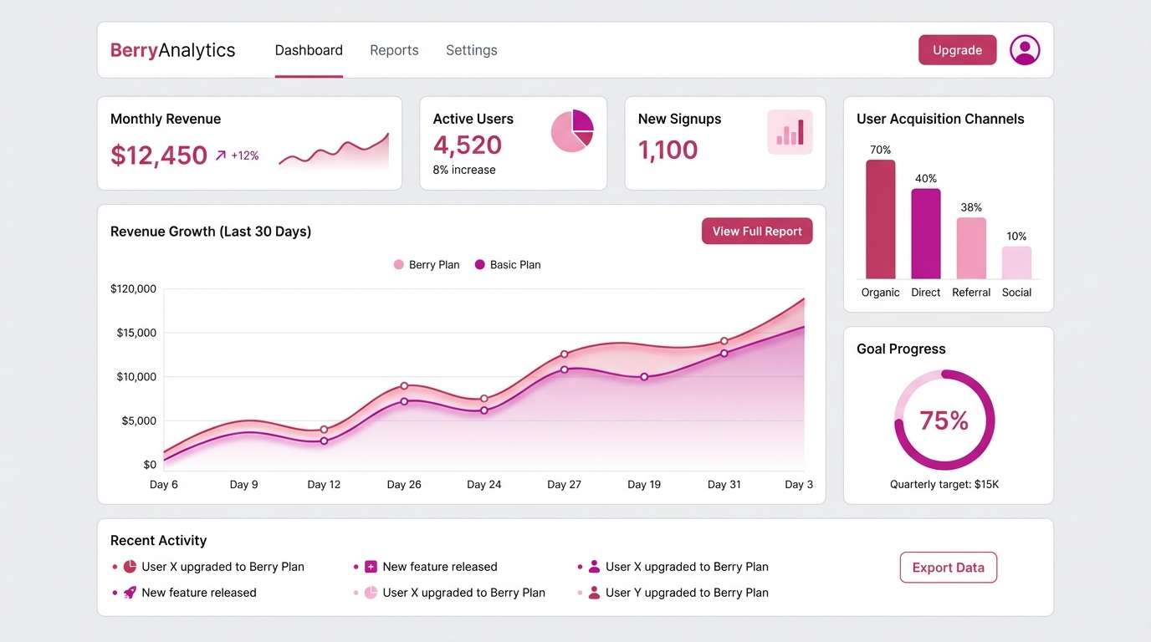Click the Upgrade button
pyautogui.click(x=957, y=50)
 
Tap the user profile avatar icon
pyautogui.click(x=1025, y=50)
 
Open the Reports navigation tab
pyautogui.click(x=394, y=50)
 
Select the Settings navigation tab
pyautogui.click(x=471, y=50)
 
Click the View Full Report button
pyautogui.click(x=757, y=232)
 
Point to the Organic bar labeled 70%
pyautogui.click(x=880, y=219)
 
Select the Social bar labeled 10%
pyautogui.click(x=1016, y=262)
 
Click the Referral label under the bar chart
pyautogui.click(x=971, y=293)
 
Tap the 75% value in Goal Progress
pyautogui.click(x=944, y=420)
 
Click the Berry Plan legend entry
pyautogui.click(x=427, y=265)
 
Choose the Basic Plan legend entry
pyautogui.click(x=508, y=265)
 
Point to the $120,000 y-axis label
pyautogui.click(x=133, y=289)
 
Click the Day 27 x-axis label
pyautogui.click(x=564, y=485)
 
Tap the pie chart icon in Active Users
pyautogui.click(x=572, y=131)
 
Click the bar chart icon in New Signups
pyautogui.click(x=790, y=132)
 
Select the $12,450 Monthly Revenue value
pyautogui.click(x=159, y=155)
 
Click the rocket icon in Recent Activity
pyautogui.click(x=130, y=593)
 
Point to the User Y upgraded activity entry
pyautogui.click(x=686, y=593)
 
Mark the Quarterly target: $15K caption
pyautogui.click(x=944, y=485)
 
